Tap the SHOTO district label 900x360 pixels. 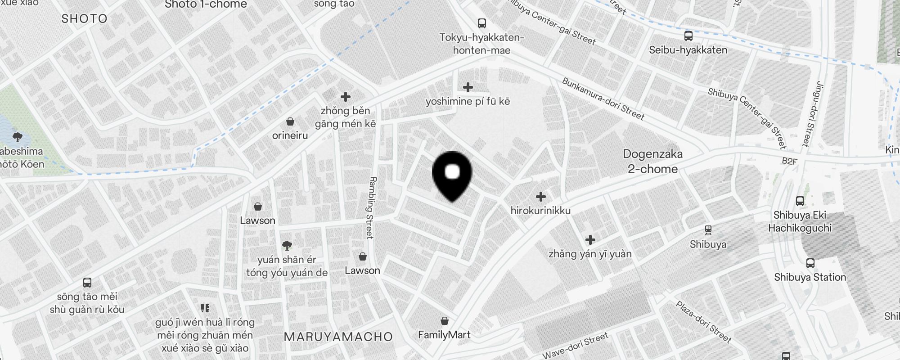(85, 18)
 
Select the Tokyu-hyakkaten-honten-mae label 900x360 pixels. (481, 44)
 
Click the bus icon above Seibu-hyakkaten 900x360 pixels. (688, 36)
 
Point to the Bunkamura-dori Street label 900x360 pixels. (603, 99)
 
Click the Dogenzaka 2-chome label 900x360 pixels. (652, 162)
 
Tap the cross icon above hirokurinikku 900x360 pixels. (541, 197)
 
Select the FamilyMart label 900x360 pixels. (444, 335)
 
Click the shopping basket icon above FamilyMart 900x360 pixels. (445, 321)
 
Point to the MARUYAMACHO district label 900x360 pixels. (338, 337)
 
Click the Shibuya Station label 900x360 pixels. (810, 277)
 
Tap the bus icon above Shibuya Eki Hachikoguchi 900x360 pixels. (800, 201)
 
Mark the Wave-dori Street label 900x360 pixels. (575, 346)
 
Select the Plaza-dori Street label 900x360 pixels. (703, 322)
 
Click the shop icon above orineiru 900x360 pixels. (290, 122)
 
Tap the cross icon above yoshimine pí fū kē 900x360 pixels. (468, 87)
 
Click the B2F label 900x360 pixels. (789, 161)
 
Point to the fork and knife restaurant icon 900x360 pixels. (205, 308)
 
